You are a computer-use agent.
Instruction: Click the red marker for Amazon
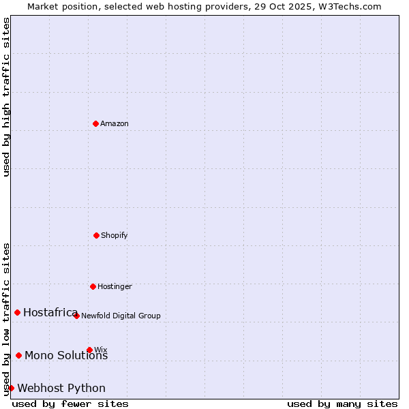point(95,123)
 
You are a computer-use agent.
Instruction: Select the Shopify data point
point(96,235)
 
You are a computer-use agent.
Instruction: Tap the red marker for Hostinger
point(93,286)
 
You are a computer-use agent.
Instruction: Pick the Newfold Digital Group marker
point(76,316)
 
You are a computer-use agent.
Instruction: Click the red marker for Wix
point(89,350)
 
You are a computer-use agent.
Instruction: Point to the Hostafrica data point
point(17,312)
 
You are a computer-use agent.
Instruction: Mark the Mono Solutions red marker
point(18,355)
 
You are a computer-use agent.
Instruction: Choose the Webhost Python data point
point(11,388)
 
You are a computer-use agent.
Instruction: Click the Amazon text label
point(115,124)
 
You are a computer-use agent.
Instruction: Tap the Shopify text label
point(115,236)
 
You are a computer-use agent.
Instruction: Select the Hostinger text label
point(115,287)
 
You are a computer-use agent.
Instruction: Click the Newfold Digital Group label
point(121,316)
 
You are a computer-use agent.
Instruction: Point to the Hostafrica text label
point(50,313)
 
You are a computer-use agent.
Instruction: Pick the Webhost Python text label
point(61,389)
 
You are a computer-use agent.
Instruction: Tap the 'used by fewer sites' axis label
point(70,404)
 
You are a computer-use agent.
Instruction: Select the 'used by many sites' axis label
point(342,404)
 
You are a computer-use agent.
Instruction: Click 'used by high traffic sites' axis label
point(6,97)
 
